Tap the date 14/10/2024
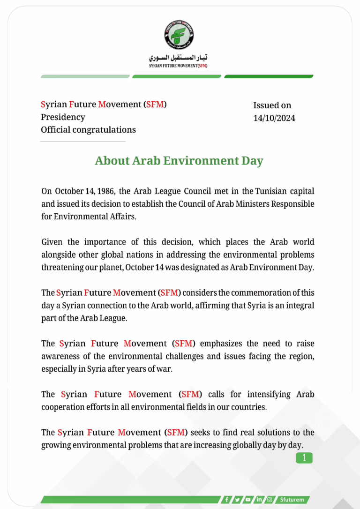[274, 118]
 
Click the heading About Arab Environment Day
[179, 161]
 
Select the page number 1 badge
[304, 458]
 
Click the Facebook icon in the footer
[227, 500]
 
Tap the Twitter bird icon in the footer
[238, 500]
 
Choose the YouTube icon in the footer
[248, 500]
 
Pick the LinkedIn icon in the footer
[259, 500]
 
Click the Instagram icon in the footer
[270, 500]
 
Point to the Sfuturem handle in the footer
[292, 500]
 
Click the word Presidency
[63, 117]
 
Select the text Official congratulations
[88, 130]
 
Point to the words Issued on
[272, 105]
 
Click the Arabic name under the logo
[179, 58]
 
